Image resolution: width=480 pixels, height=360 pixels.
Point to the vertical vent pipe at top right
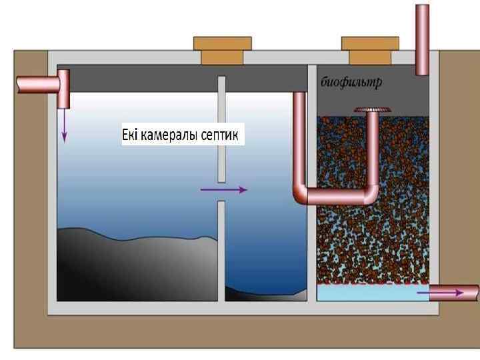click(423, 40)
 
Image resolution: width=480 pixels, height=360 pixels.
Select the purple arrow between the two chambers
click(223, 190)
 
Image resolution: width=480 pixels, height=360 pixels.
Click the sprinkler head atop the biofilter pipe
click(371, 109)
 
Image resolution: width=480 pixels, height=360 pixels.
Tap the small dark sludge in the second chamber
click(267, 293)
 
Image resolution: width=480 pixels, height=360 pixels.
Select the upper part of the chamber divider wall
click(222, 127)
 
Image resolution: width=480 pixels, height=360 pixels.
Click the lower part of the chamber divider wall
click(222, 250)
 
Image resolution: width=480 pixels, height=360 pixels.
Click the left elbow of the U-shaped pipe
click(302, 195)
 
